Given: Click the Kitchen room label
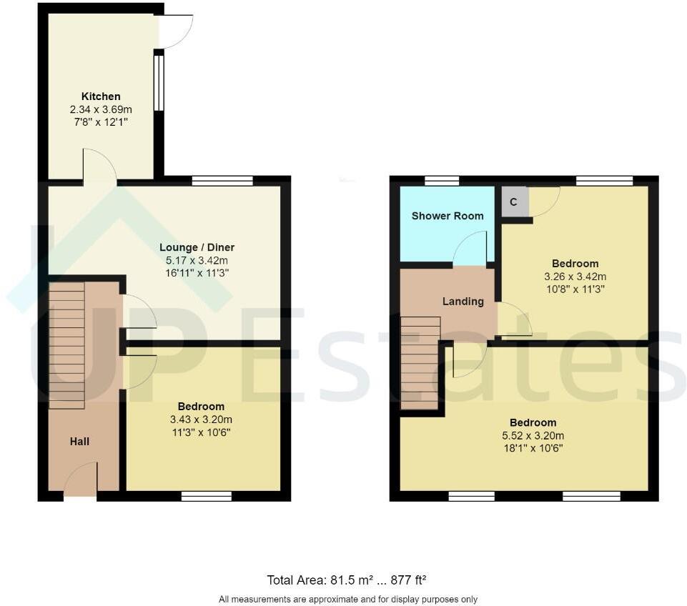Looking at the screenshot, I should pos(101,96).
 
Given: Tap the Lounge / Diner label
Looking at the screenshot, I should pos(197,247).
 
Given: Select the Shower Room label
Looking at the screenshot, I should pos(448,216).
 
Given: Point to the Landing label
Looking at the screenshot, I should pos(463,302).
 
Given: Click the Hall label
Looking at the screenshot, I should pos(79,442).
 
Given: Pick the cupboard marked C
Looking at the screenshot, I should pos(513,202).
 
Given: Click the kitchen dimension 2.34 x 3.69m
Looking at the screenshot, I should pos(101,109).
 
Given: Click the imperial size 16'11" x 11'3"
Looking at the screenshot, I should pos(197,273).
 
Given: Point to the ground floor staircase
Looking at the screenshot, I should pos(66,345).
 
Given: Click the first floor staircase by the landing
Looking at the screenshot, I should pos(420,362).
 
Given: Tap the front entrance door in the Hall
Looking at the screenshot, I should pos(80,480).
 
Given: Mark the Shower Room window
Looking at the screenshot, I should pos(442,181).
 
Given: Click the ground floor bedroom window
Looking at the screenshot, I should pos(206,496).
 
